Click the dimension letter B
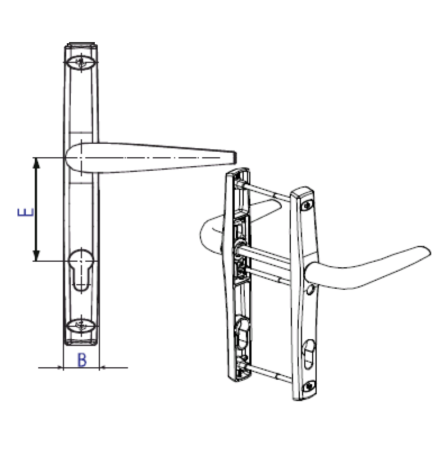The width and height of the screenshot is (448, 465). pos(82,361)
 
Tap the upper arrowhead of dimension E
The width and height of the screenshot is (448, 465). pos(36,163)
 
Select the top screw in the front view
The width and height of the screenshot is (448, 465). pos(82,62)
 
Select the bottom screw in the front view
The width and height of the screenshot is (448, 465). pos(82,326)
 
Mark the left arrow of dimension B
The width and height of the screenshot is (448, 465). pos(60,368)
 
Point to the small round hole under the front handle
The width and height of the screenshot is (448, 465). pos(310,290)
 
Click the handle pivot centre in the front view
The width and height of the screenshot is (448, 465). pos(82,158)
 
